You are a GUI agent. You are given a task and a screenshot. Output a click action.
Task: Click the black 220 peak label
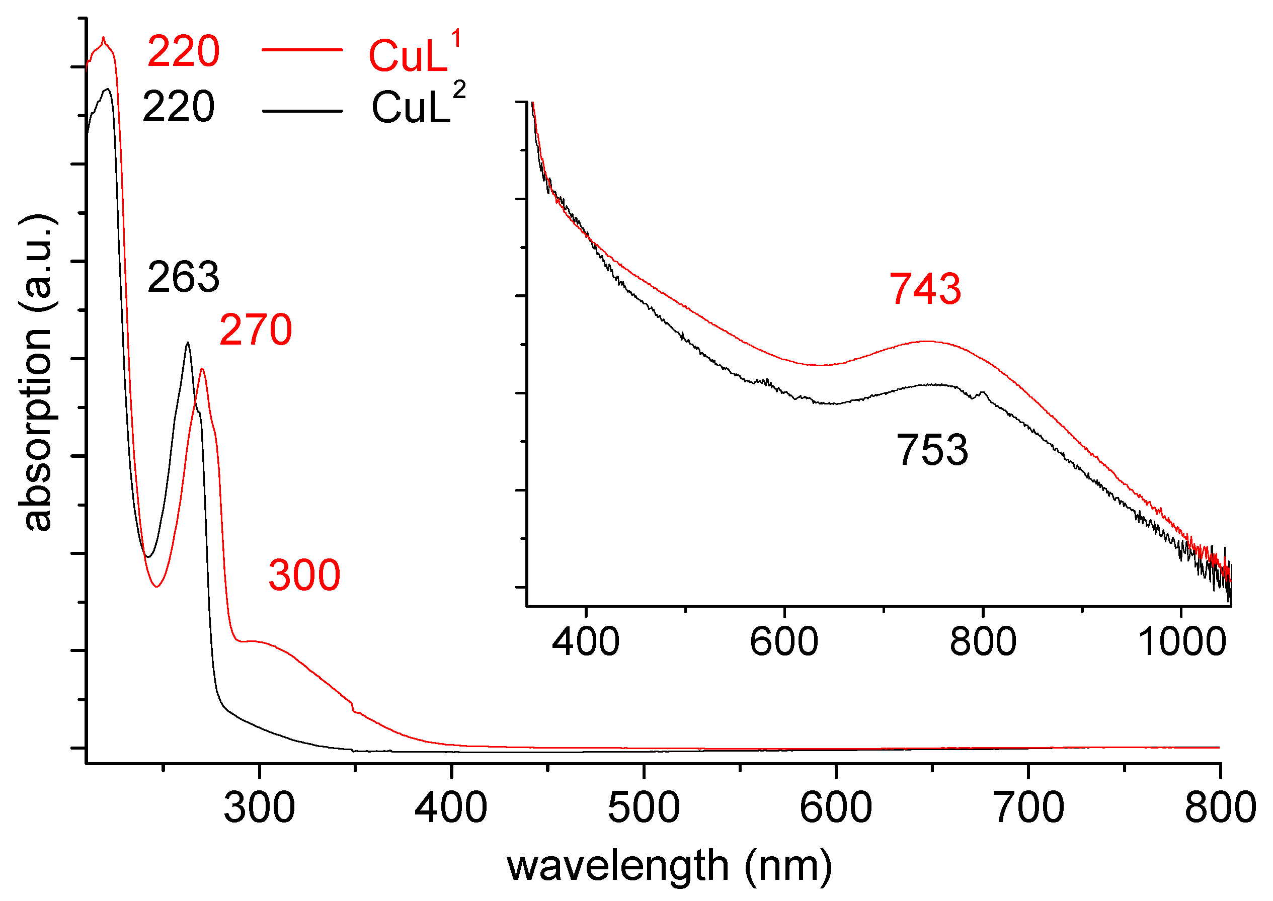coord(178,107)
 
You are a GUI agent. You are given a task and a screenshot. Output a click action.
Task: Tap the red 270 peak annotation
coord(255,330)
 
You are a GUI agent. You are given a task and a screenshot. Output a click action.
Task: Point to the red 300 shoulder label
coord(304,576)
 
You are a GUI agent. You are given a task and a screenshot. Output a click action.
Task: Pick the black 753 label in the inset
coord(932,450)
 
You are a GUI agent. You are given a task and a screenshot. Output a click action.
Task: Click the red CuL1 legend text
coord(415,54)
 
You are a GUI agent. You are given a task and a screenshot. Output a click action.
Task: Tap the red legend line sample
coord(302,50)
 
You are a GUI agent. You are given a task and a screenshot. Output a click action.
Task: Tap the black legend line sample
coord(302,111)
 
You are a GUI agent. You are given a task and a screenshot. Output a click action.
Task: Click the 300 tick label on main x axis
coord(259,808)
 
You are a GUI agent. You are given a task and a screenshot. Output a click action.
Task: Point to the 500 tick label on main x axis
coord(643,808)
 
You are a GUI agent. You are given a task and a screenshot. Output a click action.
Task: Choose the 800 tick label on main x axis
coord(1219,808)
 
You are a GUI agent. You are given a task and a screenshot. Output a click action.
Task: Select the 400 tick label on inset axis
coord(586,642)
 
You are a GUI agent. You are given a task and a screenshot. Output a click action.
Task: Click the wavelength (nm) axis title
coord(669,866)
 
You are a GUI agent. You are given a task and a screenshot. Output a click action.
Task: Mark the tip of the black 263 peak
coord(188,343)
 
